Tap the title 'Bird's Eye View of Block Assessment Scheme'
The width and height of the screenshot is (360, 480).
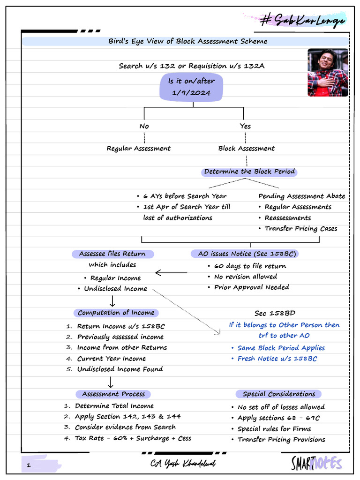[187, 41]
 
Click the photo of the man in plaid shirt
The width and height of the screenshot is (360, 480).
[328, 72]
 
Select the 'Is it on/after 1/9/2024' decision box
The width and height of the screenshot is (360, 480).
[191, 87]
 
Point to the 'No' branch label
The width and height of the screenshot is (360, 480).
[144, 126]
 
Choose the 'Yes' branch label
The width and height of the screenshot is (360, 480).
[245, 126]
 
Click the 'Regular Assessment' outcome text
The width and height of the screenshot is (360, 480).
[139, 149]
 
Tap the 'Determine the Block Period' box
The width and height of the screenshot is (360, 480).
[249, 172]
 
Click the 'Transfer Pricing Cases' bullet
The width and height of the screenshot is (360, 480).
[300, 229]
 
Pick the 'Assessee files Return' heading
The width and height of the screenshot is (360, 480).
[112, 254]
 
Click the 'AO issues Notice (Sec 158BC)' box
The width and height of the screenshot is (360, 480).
[244, 254]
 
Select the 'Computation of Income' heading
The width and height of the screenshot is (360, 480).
[116, 313]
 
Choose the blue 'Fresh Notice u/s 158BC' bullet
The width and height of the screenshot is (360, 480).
[277, 359]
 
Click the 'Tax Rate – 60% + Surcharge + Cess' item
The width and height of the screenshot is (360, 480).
[133, 438]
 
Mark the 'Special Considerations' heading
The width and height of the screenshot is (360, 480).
[279, 394]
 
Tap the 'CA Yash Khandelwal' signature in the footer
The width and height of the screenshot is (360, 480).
[183, 463]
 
